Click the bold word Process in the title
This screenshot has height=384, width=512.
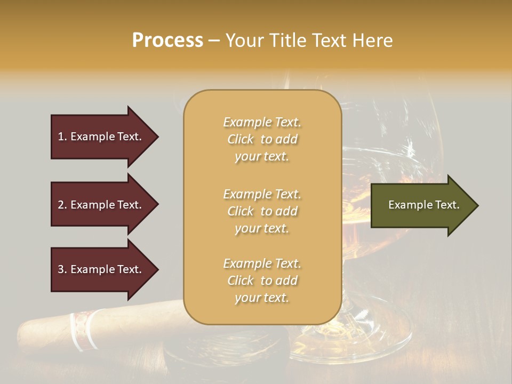coord(167,41)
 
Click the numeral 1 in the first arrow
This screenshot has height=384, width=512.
coord(61,137)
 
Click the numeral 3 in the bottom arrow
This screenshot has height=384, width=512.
coord(61,269)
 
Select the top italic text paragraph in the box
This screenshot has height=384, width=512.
coord(262,139)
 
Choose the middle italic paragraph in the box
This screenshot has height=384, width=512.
coord(262,211)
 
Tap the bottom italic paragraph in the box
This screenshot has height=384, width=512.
coord(262,281)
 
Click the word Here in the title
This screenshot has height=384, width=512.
coord(373,41)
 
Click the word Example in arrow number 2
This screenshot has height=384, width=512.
coord(92,205)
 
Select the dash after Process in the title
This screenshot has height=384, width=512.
coord(214,41)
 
